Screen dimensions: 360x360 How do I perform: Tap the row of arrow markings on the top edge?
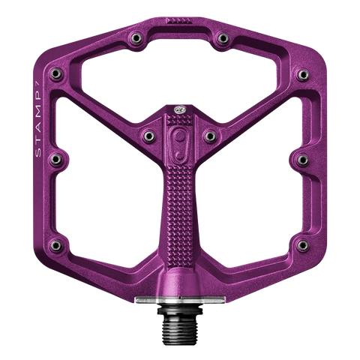pos(179,20)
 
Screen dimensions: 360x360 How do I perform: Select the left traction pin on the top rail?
pos(136,38)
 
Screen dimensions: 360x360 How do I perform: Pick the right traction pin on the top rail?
pos(223,38)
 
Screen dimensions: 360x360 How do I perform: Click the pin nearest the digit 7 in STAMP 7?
pos(56,73)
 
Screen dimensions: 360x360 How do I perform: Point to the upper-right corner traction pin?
pos(303,75)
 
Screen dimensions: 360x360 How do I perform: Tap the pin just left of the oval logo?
pos(149,136)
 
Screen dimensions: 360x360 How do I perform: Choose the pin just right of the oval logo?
pos(210,136)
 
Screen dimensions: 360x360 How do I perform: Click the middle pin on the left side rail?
pos(55,160)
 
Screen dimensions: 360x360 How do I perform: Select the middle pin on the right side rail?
pos(302,160)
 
